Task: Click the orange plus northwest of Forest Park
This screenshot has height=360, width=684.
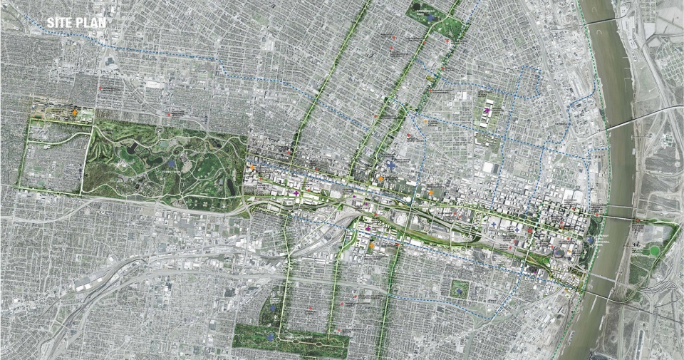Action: (x=75, y=113)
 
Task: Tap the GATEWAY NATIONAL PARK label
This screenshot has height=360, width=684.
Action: (x=603, y=236)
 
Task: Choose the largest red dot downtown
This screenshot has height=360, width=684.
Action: (x=531, y=232)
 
